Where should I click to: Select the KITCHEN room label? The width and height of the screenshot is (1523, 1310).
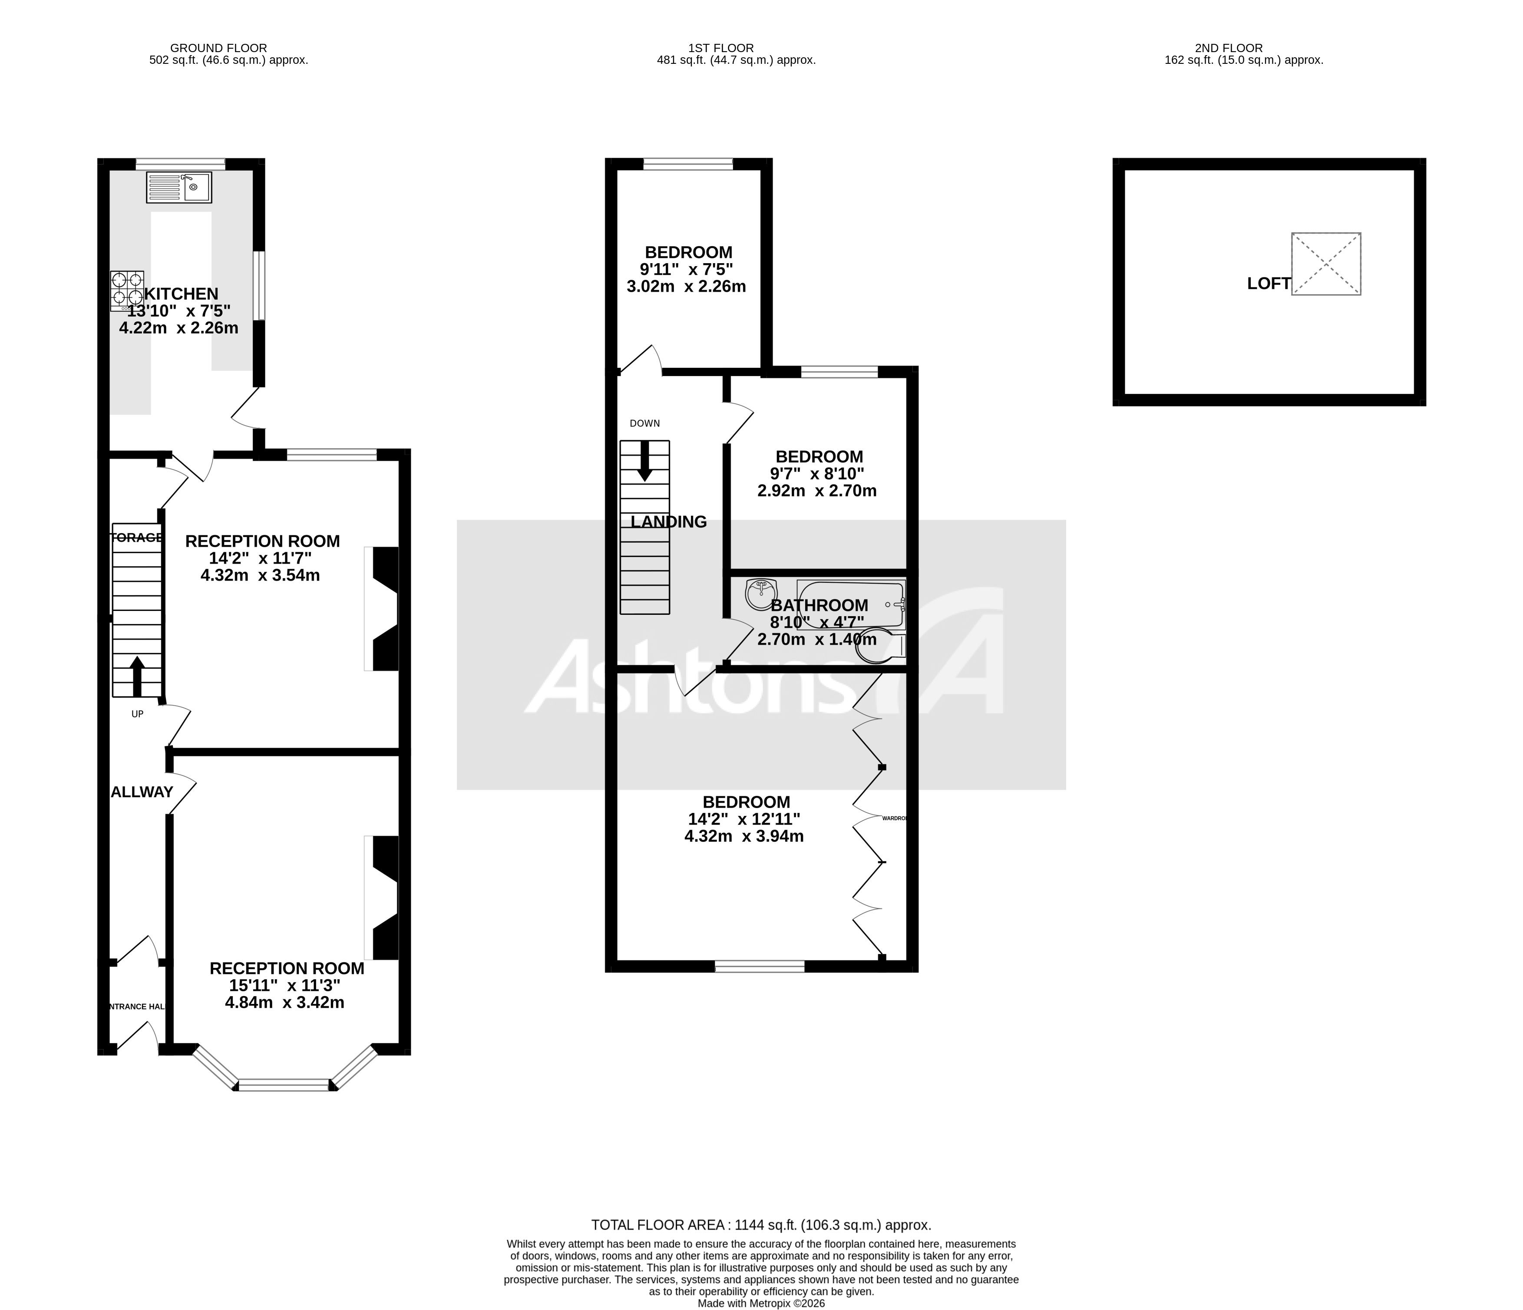(182, 294)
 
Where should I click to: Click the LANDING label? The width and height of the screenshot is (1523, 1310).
(669, 522)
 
